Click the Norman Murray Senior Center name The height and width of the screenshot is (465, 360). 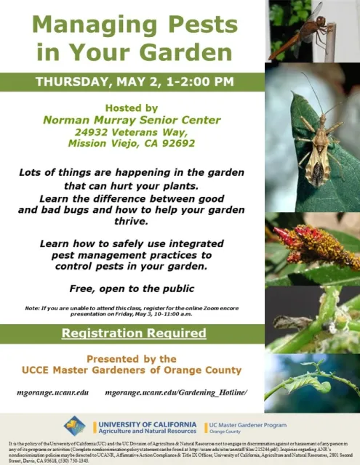[x=132, y=120]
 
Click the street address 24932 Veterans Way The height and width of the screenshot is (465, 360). [x=132, y=132]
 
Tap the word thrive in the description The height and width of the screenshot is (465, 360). [x=132, y=221]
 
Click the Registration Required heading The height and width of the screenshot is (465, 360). [x=133, y=333]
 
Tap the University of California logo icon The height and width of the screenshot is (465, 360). [x=75, y=425]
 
